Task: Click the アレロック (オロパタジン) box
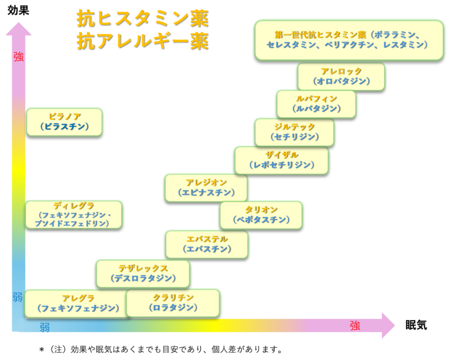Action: [x=341, y=76]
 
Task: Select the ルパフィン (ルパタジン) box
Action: [x=316, y=104]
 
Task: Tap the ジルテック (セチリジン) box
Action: [x=294, y=132]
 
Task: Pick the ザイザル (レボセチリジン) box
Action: [x=282, y=160]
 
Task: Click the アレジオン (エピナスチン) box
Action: [x=206, y=187]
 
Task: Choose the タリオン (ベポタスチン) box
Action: [x=261, y=214]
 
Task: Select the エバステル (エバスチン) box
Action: [x=206, y=244]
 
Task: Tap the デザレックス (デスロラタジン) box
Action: [x=143, y=273]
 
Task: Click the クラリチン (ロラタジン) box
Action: [x=173, y=303]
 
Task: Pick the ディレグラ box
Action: [x=74, y=214]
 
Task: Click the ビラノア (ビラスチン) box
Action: [x=65, y=121]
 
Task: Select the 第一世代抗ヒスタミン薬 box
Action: [x=349, y=39]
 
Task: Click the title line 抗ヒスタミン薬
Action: [x=142, y=19]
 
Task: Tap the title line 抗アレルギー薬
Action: [x=142, y=42]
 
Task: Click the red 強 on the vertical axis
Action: [x=19, y=57]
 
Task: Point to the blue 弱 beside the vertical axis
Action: [x=18, y=297]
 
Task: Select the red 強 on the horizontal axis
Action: [x=355, y=326]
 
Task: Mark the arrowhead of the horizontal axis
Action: [x=388, y=325]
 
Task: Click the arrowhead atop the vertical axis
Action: [x=19, y=28]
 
